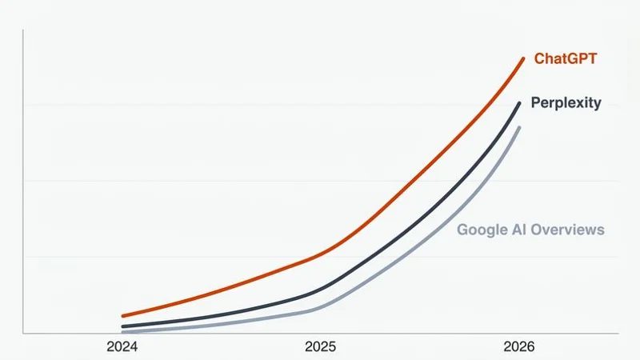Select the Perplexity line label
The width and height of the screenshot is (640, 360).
coord(566,104)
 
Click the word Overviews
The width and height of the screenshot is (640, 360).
coord(569,230)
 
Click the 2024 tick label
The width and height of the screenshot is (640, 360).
coord(122,347)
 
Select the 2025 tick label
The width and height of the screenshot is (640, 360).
coord(321,347)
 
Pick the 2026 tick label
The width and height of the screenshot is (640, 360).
coord(519,347)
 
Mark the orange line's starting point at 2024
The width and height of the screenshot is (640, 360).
coord(122,316)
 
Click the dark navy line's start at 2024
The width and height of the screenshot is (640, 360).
coord(122,326)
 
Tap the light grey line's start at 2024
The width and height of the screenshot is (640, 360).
coord(122,331)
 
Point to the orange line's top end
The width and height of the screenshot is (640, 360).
coord(523,58)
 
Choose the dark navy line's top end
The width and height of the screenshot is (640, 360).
coord(520,102)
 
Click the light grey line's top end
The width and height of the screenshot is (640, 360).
coord(520,128)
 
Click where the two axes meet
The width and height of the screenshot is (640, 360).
coord(23,333)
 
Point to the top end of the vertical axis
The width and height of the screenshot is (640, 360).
coord(23,30)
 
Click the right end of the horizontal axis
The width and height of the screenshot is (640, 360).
coord(618,333)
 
